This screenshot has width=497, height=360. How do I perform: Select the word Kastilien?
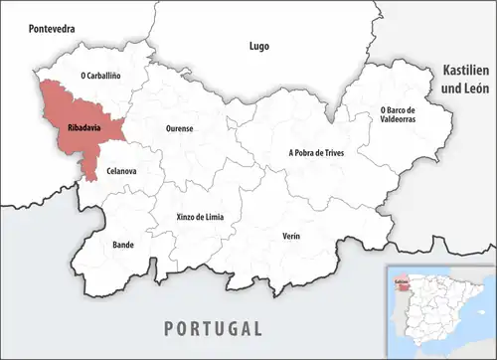click(x=464, y=74)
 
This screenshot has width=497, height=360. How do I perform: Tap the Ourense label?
click(x=179, y=128)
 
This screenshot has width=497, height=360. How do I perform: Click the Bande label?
click(x=123, y=243)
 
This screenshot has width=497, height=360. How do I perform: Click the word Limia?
click(x=214, y=216)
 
